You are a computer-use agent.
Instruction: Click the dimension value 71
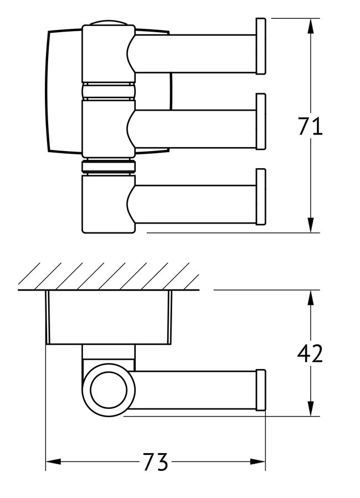[x=310, y=127]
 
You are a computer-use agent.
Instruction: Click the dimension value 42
[x=310, y=353]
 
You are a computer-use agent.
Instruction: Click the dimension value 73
[x=156, y=462]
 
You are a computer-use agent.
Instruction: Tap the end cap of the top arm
[x=260, y=46]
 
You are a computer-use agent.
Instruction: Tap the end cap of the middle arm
[x=260, y=122]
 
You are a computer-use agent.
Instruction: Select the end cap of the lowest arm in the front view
[x=260, y=196]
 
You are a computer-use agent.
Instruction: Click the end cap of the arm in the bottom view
[x=260, y=391]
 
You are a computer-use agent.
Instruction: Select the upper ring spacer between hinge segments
[x=108, y=91]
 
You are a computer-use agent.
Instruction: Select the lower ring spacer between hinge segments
[x=108, y=167]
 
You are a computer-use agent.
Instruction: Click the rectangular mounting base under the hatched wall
[x=109, y=317]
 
